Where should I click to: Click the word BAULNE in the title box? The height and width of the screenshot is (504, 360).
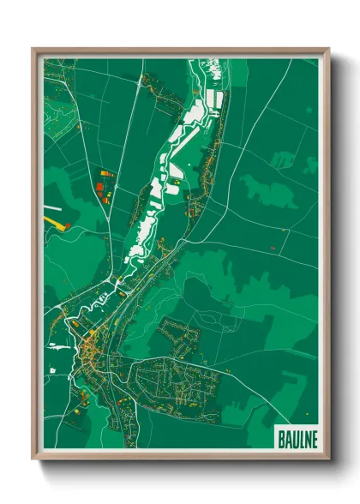tap(297, 438)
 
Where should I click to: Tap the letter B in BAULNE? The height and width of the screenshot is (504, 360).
tap(283, 438)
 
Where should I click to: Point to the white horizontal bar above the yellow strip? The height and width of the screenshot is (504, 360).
tap(51, 207)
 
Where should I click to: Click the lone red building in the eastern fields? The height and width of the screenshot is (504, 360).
tap(272, 248)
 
